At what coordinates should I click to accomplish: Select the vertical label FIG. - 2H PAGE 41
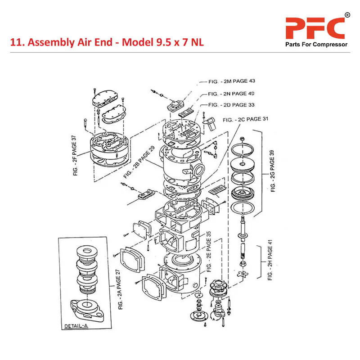click(270, 260)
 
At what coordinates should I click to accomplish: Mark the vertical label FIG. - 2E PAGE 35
click(208, 252)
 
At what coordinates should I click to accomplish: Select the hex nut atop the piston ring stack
click(242, 138)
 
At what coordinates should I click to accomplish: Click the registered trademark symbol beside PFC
click(347, 15)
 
